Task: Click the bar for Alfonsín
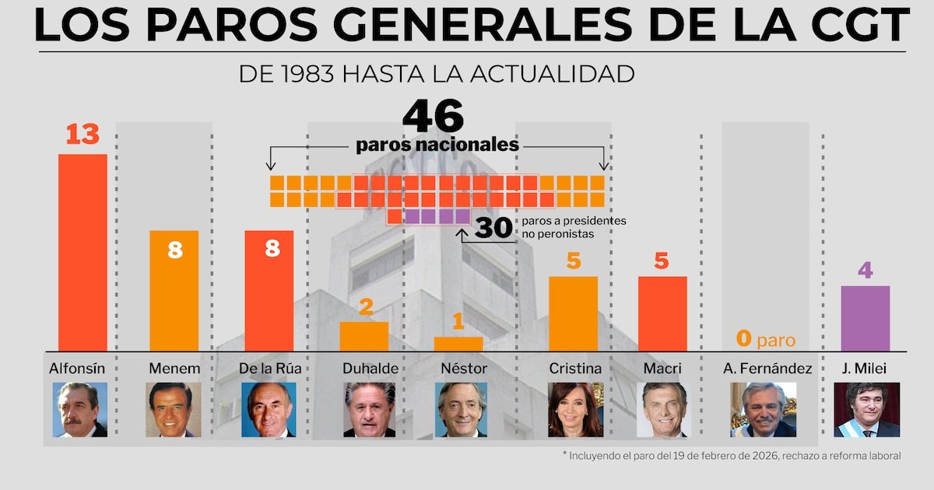pyautogui.click(x=83, y=252)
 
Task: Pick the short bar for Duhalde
pyautogui.click(x=364, y=336)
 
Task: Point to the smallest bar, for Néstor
pyautogui.click(x=458, y=343)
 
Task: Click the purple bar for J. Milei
pyautogui.click(x=865, y=318)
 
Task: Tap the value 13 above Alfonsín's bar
pyautogui.click(x=83, y=135)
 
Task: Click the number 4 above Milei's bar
pyautogui.click(x=865, y=271)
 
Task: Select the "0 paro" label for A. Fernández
pyautogui.click(x=765, y=339)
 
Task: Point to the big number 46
pyautogui.click(x=433, y=117)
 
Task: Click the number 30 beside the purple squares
pyautogui.click(x=493, y=228)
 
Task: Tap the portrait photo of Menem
pyautogui.click(x=173, y=409)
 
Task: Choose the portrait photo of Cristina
pyautogui.click(x=575, y=409)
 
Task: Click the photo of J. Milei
pyautogui.click(x=866, y=409)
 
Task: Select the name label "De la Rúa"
pyautogui.click(x=270, y=368)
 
